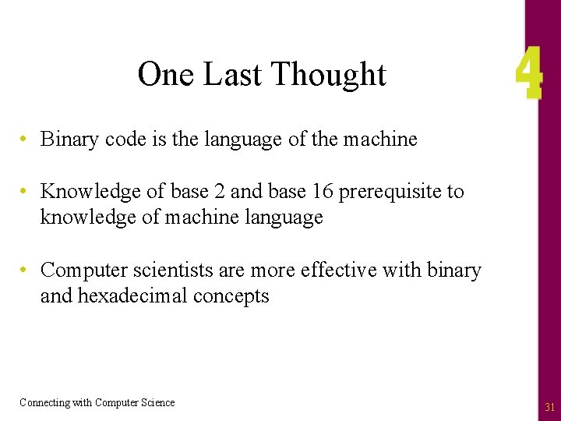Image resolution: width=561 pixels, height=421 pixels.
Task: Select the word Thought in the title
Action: [x=329, y=75]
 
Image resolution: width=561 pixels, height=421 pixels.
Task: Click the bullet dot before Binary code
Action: [x=25, y=140]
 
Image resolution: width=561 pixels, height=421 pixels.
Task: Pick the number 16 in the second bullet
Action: [x=320, y=192]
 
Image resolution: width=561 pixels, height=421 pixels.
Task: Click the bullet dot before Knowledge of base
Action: [x=25, y=192]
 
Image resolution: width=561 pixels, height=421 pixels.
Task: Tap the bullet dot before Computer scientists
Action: [x=25, y=271]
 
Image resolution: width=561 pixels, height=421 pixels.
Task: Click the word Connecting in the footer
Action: [x=44, y=403]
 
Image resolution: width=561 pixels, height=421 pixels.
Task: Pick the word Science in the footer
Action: [x=157, y=403]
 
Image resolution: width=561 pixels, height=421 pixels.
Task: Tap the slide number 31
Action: [x=549, y=407]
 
